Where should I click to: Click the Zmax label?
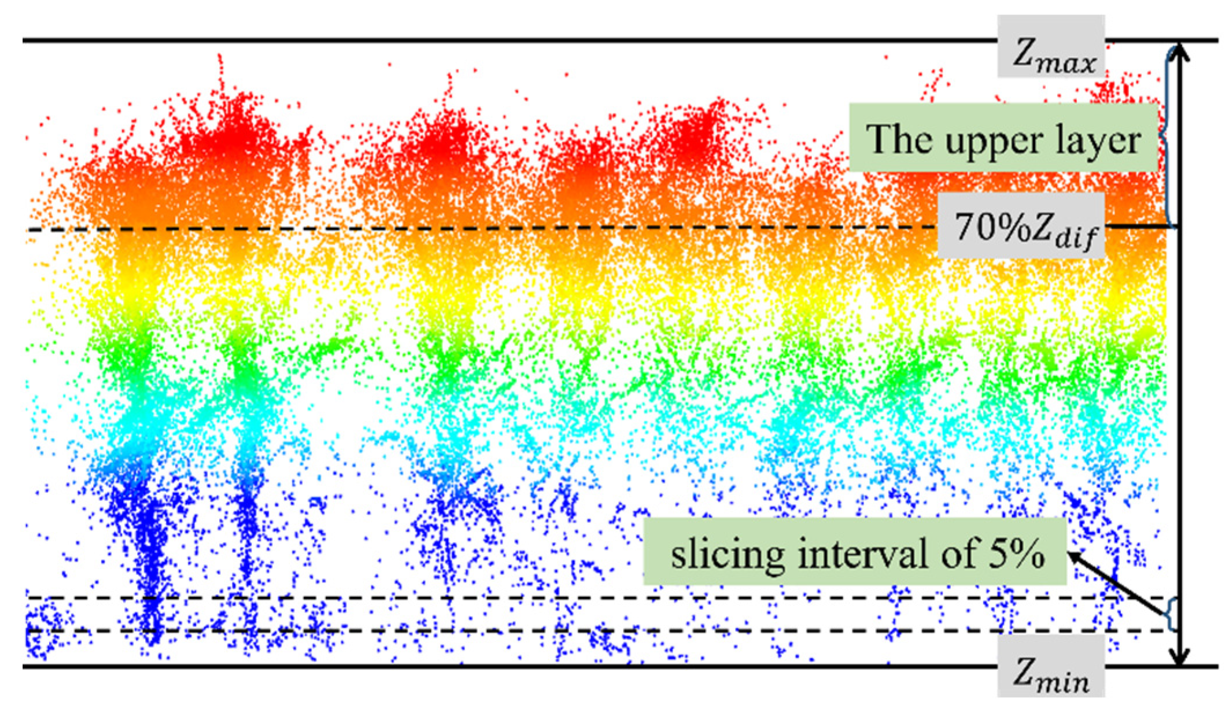pyautogui.click(x=1050, y=46)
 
